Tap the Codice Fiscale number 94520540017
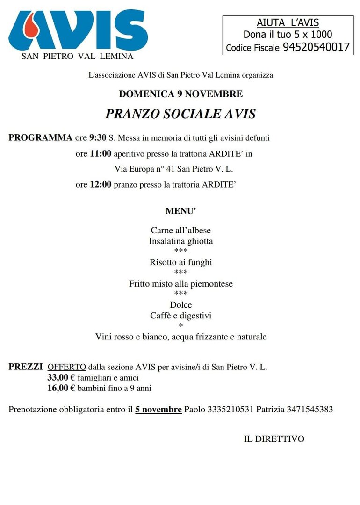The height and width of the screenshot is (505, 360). pyautogui.click(x=316, y=47)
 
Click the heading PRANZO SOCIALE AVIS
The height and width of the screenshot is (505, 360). pyautogui.click(x=180, y=114)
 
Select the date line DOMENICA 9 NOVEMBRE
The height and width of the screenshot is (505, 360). pyautogui.click(x=180, y=94)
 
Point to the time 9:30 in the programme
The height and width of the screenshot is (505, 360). pyautogui.click(x=98, y=138)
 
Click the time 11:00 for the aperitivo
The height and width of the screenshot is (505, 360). pyautogui.click(x=101, y=153)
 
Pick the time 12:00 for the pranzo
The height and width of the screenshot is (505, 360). pyautogui.click(x=101, y=184)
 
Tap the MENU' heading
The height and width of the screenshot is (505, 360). pyautogui.click(x=180, y=211)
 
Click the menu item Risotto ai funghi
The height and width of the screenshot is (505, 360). pyautogui.click(x=180, y=262)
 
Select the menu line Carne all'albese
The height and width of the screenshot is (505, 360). pyautogui.click(x=180, y=231)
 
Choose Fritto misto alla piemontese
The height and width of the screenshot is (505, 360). pyautogui.click(x=180, y=284)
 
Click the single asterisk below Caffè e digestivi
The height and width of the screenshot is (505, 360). pyautogui.click(x=180, y=326)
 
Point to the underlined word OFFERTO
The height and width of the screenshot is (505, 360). pyautogui.click(x=67, y=367)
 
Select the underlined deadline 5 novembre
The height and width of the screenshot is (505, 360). pyautogui.click(x=158, y=410)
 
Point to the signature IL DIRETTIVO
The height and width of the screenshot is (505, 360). pyautogui.click(x=274, y=439)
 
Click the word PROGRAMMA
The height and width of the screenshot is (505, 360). pyautogui.click(x=40, y=138)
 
